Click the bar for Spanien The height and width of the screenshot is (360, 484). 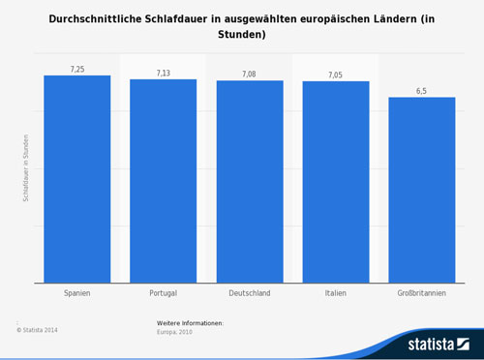(77, 179)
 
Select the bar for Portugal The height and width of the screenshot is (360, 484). (164, 181)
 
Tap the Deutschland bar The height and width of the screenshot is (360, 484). (250, 182)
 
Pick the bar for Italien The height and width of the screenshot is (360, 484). (336, 182)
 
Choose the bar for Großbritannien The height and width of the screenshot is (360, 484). (422, 190)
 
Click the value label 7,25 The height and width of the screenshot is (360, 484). (77, 70)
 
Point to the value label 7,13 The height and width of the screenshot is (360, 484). (164, 74)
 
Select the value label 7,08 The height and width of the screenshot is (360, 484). (250, 75)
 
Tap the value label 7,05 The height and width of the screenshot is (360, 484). (336, 75)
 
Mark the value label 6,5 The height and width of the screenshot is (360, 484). (422, 91)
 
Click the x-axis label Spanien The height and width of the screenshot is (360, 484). (77, 292)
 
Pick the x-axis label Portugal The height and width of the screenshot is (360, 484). (164, 292)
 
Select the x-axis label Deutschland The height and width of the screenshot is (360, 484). (250, 292)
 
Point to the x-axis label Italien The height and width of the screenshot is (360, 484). (336, 292)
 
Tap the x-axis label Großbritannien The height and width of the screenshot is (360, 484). (422, 292)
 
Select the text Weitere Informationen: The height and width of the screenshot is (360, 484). (191, 321)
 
